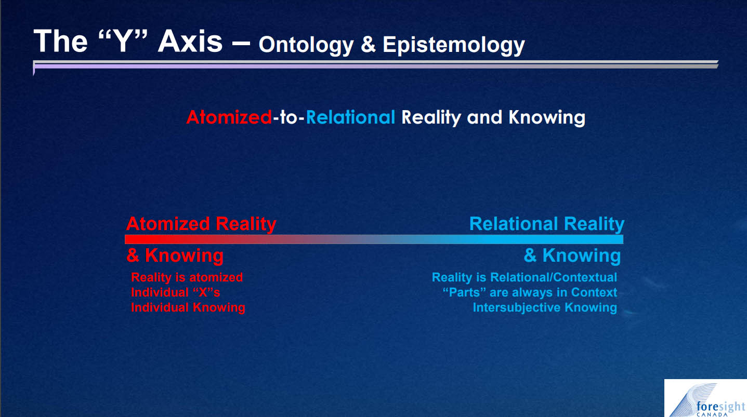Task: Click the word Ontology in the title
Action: point(306,45)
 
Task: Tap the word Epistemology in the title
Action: point(453,45)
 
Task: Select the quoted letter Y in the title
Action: point(123,41)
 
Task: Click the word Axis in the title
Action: point(190,41)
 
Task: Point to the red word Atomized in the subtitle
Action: point(229,117)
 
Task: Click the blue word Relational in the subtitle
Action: point(350,117)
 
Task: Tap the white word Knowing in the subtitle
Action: point(546,118)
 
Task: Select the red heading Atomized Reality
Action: point(201,224)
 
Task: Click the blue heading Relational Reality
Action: point(547,224)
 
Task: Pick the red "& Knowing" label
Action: point(175,255)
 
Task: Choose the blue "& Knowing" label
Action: point(572,255)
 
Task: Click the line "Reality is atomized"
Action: point(187,277)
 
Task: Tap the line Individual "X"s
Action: point(175,292)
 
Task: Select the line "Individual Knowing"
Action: point(188,307)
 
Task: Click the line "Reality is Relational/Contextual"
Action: point(525,277)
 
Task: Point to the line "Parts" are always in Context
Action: point(530,292)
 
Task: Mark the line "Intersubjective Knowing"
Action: point(545,307)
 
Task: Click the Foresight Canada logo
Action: point(705,398)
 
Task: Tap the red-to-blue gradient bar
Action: point(374,239)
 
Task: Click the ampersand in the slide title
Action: point(368,45)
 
